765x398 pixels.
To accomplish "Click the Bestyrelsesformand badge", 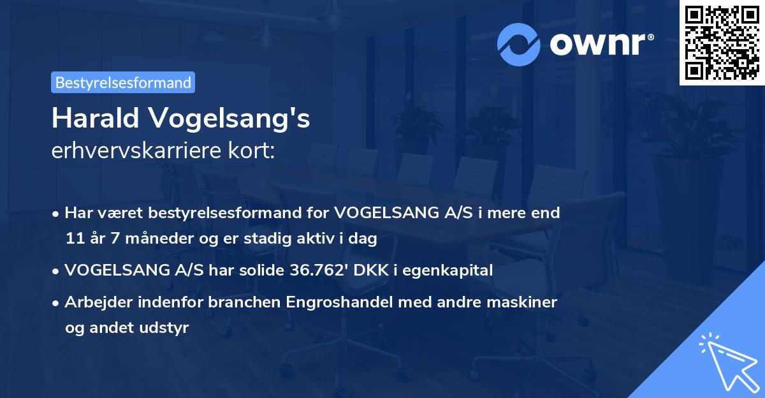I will click(123, 82).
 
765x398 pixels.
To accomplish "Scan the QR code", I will click(722, 42).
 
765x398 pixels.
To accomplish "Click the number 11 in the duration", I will click(73, 239).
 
